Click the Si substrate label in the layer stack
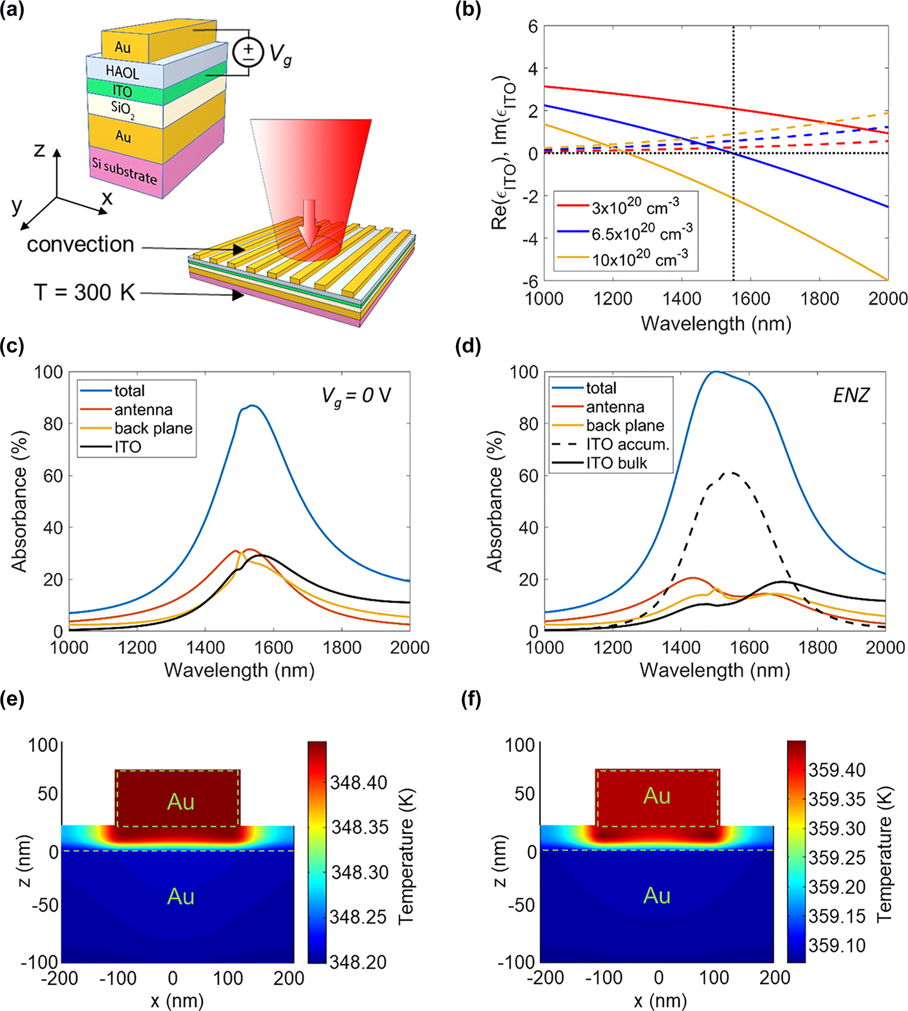(124, 170)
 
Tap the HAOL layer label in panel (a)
(122, 72)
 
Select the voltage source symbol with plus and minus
(248, 52)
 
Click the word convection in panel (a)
(80, 245)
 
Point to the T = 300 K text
(84, 292)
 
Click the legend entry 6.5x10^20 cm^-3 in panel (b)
(642, 233)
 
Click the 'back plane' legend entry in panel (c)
(153, 428)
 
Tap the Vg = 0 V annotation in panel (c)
(356, 395)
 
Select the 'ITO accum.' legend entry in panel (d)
(627, 444)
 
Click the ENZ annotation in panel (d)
(851, 395)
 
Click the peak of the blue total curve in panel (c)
(253, 405)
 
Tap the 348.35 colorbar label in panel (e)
(359, 827)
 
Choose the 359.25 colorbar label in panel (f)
(837, 857)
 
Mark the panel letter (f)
(471, 700)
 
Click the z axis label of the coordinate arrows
(39, 150)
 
